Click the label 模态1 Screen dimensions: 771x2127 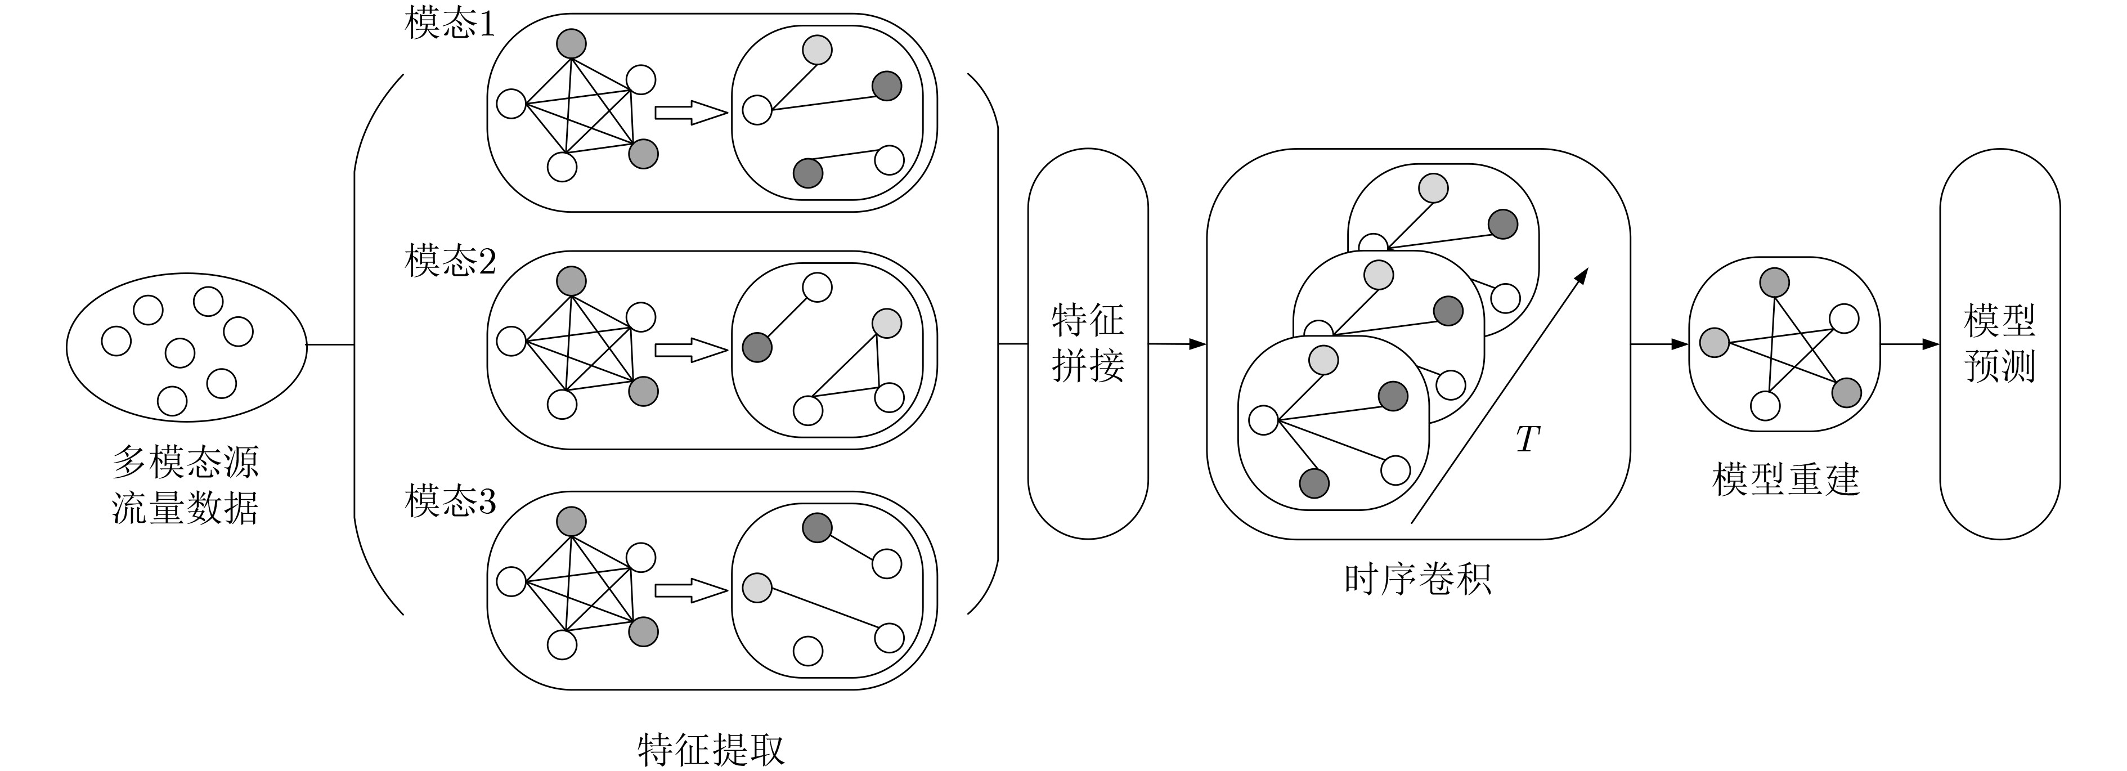450,24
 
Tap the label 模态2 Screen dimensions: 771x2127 450,261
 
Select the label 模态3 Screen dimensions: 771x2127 450,501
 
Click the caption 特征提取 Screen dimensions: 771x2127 711,748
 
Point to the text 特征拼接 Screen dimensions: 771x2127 1088,343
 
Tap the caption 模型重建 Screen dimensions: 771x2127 1785,479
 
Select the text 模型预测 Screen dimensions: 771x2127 1999,343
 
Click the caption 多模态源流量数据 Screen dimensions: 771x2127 185,485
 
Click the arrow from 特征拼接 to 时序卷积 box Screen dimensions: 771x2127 1177,343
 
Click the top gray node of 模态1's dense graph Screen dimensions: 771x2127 571,43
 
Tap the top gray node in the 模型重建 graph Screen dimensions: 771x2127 1774,283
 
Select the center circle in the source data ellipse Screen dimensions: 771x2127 180,352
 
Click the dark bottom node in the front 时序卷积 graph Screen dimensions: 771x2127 1314,483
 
